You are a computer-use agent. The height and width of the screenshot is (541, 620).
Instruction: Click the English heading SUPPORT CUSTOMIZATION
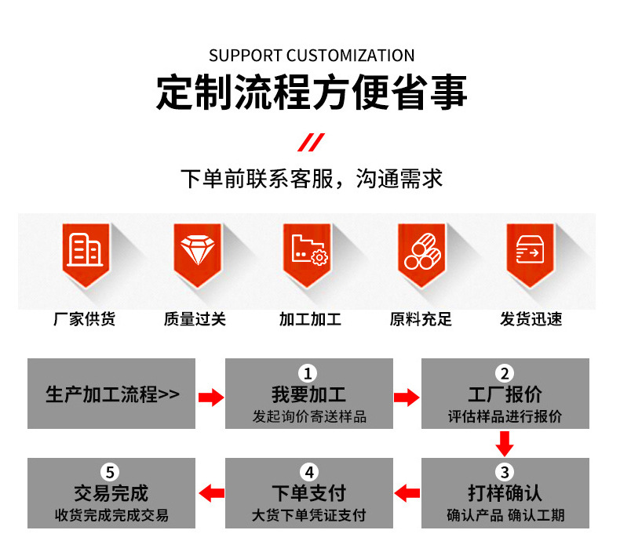point(312,56)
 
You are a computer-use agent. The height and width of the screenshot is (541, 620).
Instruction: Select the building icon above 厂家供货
point(85,250)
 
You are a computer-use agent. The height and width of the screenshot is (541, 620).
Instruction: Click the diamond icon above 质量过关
point(196,250)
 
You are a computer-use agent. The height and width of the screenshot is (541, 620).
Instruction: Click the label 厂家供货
point(85,319)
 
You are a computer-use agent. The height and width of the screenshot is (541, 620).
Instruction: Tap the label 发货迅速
point(531,319)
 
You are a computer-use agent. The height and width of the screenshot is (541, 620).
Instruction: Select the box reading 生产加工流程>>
point(111,394)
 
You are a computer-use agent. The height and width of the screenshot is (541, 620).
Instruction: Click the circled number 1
point(308,373)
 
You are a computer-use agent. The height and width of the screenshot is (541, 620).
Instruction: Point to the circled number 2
point(505,373)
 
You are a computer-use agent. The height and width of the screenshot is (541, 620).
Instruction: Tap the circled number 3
point(505,472)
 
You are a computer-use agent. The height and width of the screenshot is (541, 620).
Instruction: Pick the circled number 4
point(308,472)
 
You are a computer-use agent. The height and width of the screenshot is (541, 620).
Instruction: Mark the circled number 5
point(111,472)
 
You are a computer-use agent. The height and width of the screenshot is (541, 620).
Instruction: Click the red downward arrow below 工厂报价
point(505,444)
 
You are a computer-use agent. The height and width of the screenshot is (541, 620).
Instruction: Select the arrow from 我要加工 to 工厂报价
point(407,397)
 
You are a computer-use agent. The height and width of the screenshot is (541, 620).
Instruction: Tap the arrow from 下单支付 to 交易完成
point(210,493)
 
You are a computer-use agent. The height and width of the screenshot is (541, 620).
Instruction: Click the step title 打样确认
point(505,494)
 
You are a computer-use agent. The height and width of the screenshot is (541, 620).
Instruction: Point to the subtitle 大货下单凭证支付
point(308,515)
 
